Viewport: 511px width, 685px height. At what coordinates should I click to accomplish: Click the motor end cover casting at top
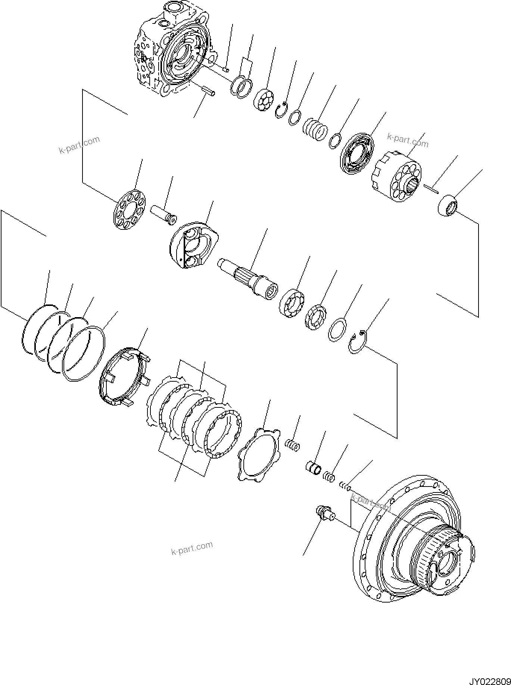click(172, 50)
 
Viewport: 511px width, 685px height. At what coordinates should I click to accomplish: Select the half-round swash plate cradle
click(194, 246)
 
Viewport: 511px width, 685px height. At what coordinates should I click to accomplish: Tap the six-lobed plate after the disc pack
click(259, 454)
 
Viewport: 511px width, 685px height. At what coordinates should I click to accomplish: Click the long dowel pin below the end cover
click(208, 91)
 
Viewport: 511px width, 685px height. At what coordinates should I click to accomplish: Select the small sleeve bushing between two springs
click(312, 467)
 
